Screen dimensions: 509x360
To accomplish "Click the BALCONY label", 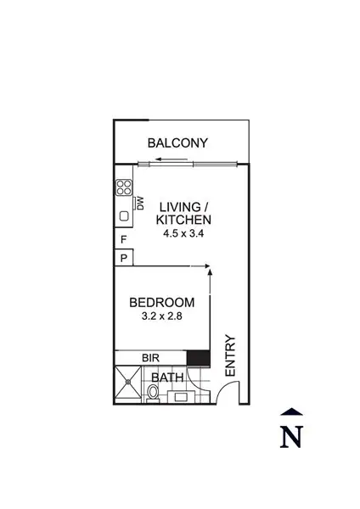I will pyautogui.click(x=177, y=143).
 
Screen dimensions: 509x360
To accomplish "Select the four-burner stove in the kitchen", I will pyautogui.click(x=124, y=188).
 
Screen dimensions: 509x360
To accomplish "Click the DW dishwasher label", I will pyautogui.click(x=140, y=204).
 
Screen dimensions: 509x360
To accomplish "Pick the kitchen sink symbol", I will pyautogui.click(x=124, y=216).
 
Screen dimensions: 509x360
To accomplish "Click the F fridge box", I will pyautogui.click(x=123, y=240).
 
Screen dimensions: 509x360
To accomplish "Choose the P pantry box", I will pyautogui.click(x=123, y=258).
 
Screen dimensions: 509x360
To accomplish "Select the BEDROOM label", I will pyautogui.click(x=161, y=302).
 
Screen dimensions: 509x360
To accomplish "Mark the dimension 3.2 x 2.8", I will pyautogui.click(x=161, y=316).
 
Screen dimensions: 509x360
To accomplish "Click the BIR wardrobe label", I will pyautogui.click(x=151, y=358).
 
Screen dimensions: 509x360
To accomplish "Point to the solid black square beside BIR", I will pyautogui.click(x=198, y=358).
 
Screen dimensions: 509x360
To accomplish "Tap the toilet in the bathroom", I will pyautogui.click(x=153, y=392).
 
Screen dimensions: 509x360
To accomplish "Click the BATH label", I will pyautogui.click(x=168, y=377).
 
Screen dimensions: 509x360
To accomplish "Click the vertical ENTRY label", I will pyautogui.click(x=229, y=356).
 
